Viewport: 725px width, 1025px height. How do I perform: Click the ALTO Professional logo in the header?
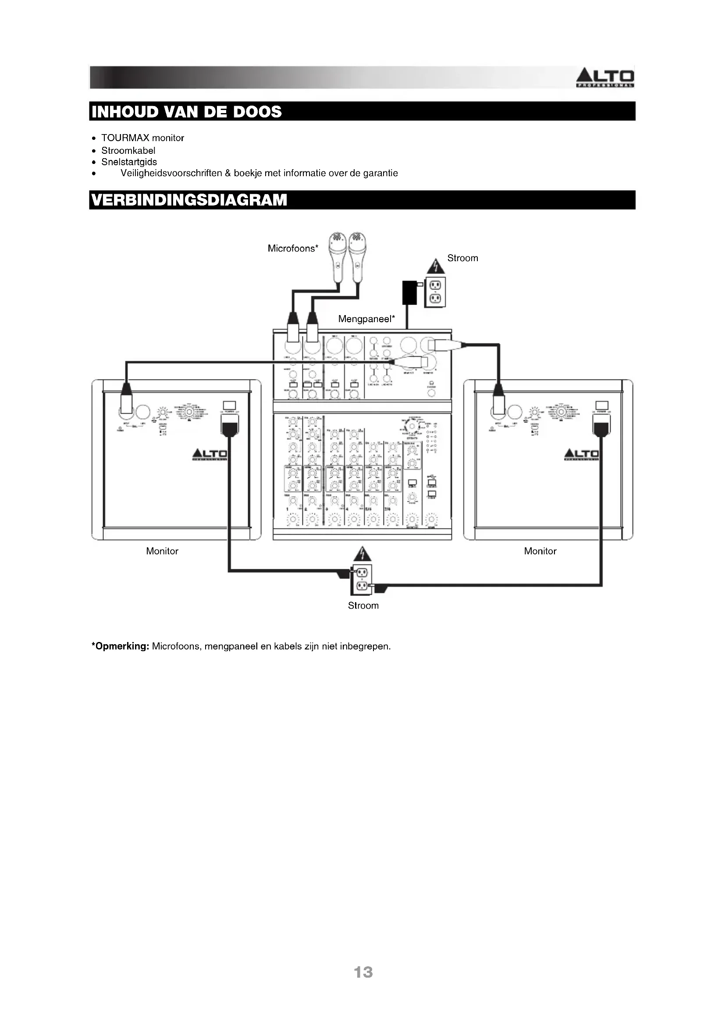(x=605, y=78)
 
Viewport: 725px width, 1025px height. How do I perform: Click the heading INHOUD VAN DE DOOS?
(x=187, y=112)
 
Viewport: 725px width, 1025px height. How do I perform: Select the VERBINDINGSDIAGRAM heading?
(x=189, y=200)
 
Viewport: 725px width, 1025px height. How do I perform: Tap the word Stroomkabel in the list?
(x=128, y=150)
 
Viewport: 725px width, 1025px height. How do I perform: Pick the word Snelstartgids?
(x=129, y=162)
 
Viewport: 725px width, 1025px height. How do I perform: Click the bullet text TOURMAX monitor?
(x=142, y=138)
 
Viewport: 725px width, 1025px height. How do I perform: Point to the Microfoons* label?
(x=293, y=248)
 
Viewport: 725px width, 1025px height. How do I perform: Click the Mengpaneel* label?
(x=366, y=319)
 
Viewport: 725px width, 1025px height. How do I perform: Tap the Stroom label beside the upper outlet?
(x=462, y=258)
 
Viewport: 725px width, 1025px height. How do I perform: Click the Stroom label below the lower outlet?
(x=363, y=605)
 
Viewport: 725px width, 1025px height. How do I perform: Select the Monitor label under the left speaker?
(x=162, y=551)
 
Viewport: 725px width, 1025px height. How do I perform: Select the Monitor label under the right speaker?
(x=540, y=551)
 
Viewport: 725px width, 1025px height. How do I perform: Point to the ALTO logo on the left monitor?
(x=210, y=454)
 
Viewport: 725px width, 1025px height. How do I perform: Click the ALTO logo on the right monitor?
(x=581, y=454)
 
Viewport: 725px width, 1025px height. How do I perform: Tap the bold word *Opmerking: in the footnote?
(x=120, y=646)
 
